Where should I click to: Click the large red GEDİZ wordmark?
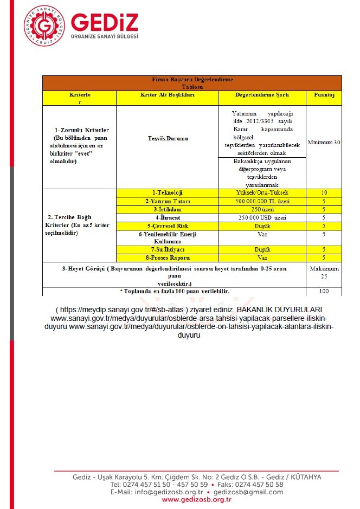[x=105, y=22]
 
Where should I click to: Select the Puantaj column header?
[x=324, y=94]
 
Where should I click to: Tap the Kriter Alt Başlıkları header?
[x=167, y=94]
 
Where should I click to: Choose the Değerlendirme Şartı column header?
[x=262, y=94]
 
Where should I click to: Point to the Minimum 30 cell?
[x=324, y=143]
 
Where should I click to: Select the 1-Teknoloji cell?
[x=167, y=193]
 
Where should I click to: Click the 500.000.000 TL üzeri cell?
[x=262, y=201]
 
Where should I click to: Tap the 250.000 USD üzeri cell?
[x=262, y=217]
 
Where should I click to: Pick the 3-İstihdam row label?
[x=167, y=209]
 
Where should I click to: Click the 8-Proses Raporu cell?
[x=167, y=258]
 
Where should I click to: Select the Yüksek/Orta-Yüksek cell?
[x=262, y=193]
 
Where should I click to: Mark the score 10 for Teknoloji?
[x=324, y=193]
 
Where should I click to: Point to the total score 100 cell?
[x=324, y=292]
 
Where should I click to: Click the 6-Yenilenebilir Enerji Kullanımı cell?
[x=167, y=237]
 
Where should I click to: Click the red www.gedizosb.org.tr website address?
[x=197, y=500]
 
